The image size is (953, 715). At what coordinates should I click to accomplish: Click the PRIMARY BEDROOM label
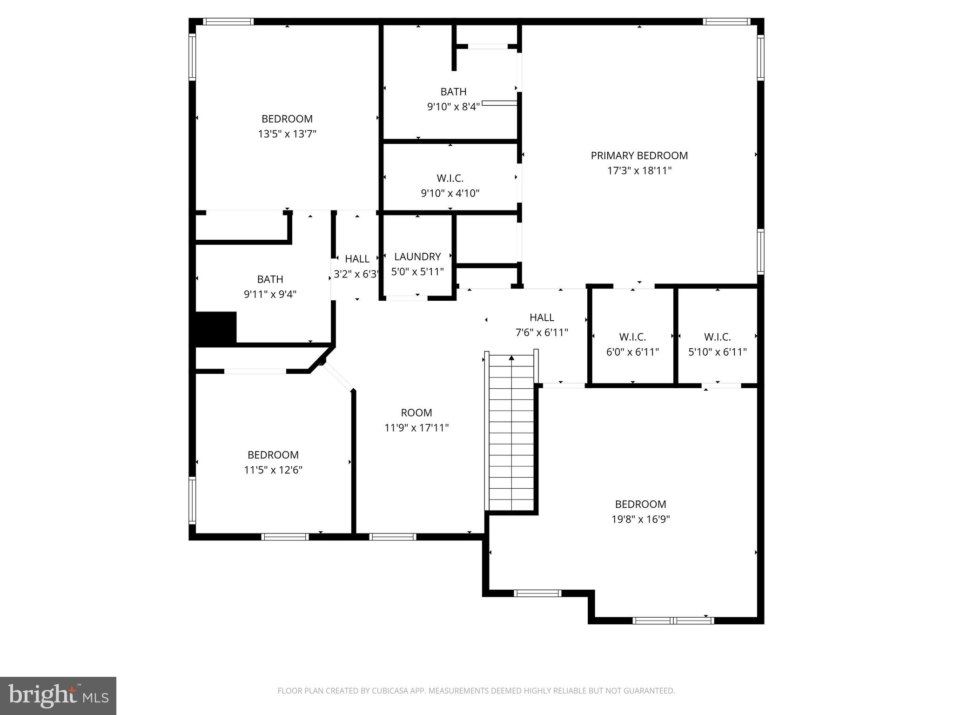[639, 155]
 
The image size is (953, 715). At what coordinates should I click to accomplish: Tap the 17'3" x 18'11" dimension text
[639, 171]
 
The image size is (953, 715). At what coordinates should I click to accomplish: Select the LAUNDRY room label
[417, 256]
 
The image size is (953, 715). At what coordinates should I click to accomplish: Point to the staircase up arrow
[511, 358]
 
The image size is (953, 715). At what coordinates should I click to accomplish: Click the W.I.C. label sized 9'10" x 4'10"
[450, 178]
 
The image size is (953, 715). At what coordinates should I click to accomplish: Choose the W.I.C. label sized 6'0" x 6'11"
[632, 337]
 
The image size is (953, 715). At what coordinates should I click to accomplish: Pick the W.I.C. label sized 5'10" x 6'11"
[717, 337]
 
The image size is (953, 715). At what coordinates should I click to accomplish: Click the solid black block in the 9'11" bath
[215, 328]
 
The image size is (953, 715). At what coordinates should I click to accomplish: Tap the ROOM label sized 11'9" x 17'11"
[416, 413]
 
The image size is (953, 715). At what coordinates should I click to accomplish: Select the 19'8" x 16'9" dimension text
[640, 519]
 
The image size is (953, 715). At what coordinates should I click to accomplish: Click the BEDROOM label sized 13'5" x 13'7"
[287, 119]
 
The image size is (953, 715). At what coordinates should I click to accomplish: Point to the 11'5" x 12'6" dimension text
[273, 470]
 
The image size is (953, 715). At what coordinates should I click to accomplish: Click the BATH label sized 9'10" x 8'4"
[453, 92]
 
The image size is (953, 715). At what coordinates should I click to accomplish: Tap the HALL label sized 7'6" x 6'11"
[542, 317]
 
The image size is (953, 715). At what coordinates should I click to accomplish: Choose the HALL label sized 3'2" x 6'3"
[357, 259]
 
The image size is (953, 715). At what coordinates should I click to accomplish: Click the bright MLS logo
[58, 696]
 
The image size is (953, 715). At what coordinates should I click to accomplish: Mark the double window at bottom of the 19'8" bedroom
[673, 620]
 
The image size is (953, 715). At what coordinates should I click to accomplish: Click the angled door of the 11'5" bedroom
[339, 376]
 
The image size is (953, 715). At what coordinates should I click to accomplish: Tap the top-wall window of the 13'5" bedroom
[228, 21]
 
